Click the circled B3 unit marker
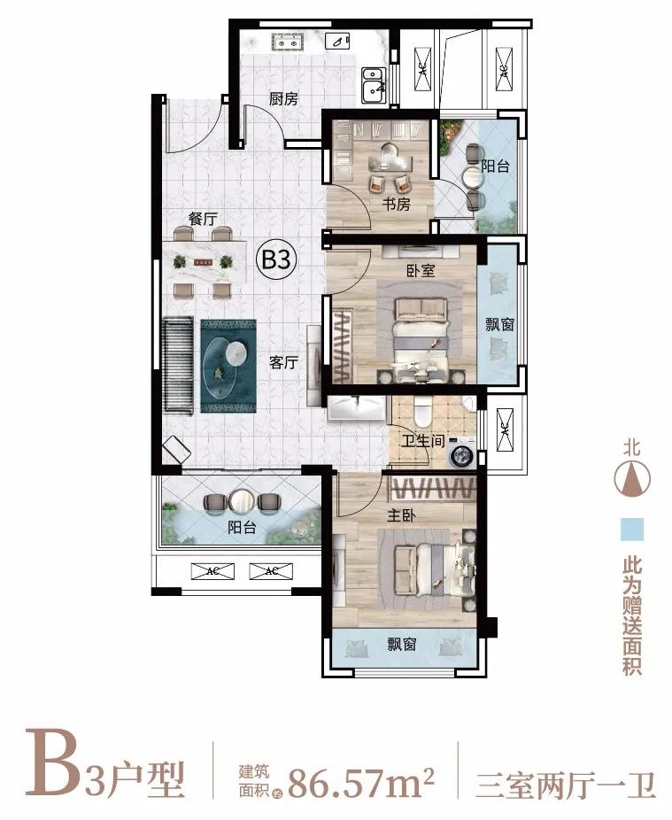point(275,260)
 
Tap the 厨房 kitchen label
point(282,98)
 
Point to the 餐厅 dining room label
point(203,218)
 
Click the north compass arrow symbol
point(630,481)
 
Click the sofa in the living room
point(178,365)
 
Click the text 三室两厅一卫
point(566,782)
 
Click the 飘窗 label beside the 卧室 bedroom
point(499,325)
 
